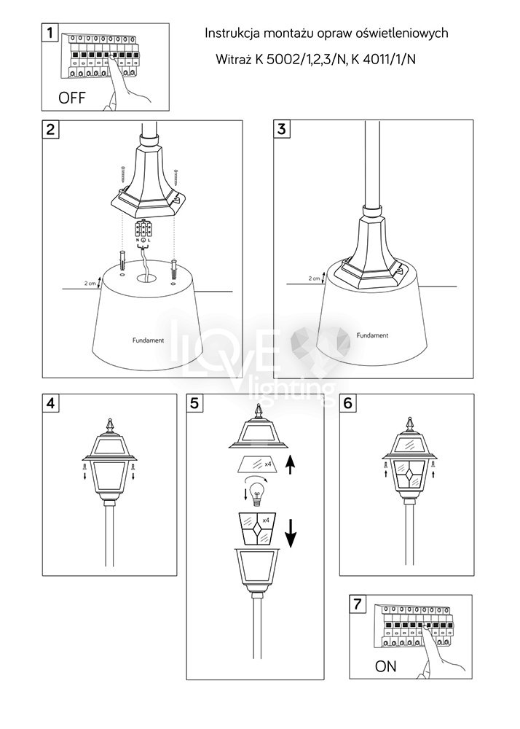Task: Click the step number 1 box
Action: (50, 33)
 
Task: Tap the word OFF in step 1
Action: (72, 98)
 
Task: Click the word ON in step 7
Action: (385, 666)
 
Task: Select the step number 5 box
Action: (194, 403)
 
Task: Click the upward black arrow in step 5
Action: (290, 464)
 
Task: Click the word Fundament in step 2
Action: (148, 340)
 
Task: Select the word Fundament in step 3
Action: (372, 335)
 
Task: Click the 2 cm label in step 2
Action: (90, 283)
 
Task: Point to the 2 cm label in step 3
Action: (315, 278)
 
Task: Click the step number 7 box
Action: (357, 604)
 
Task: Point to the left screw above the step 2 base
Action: (124, 175)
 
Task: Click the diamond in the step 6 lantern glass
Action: (410, 475)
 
